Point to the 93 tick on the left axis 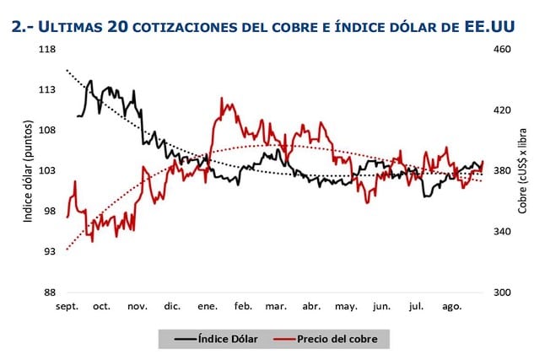click(49, 251)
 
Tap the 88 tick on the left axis click(49, 292)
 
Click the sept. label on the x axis click(67, 306)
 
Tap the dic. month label click(172, 306)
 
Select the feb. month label click(243, 306)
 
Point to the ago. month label click(452, 306)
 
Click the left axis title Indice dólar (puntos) click(27, 171)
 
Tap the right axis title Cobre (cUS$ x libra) click(523, 171)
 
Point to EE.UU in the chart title click(489, 27)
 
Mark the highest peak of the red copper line click(222, 98)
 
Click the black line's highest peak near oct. click(90, 81)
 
